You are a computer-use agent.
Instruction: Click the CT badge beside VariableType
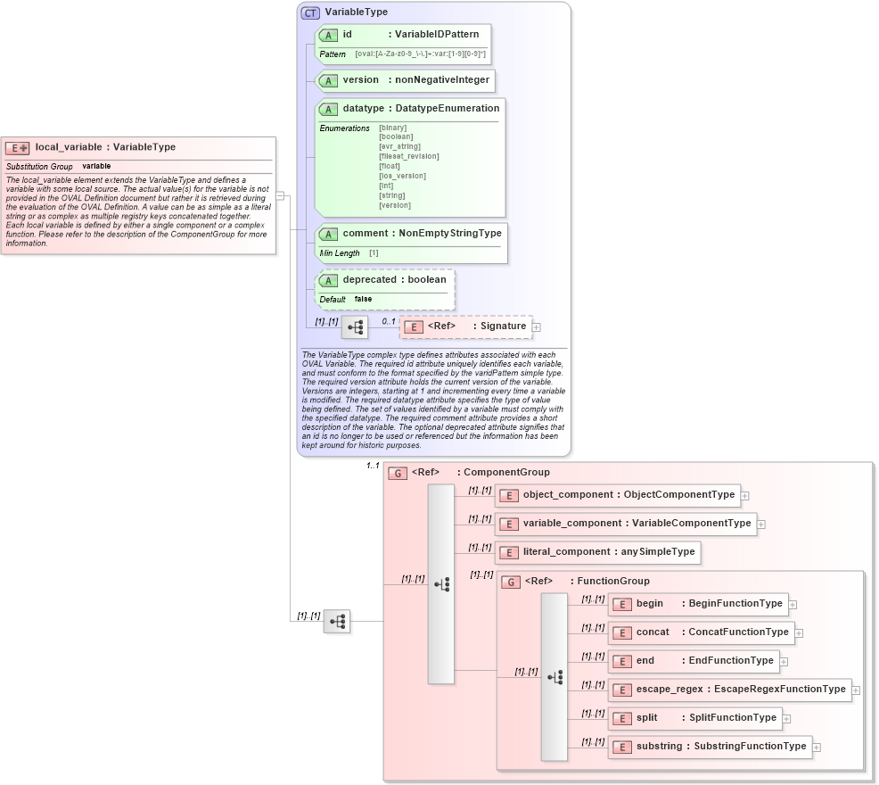310,12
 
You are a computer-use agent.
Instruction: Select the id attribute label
348,35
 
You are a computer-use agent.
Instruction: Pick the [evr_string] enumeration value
399,147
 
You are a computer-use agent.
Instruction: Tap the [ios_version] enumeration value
402,177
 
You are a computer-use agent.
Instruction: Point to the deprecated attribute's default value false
363,300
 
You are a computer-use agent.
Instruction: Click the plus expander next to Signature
537,327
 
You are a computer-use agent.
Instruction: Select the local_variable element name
69,147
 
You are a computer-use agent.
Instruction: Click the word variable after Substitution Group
96,167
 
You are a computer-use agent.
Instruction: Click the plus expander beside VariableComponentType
761,525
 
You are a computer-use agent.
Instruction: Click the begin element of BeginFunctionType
649,604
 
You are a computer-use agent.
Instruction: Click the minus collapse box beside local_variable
280,196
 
